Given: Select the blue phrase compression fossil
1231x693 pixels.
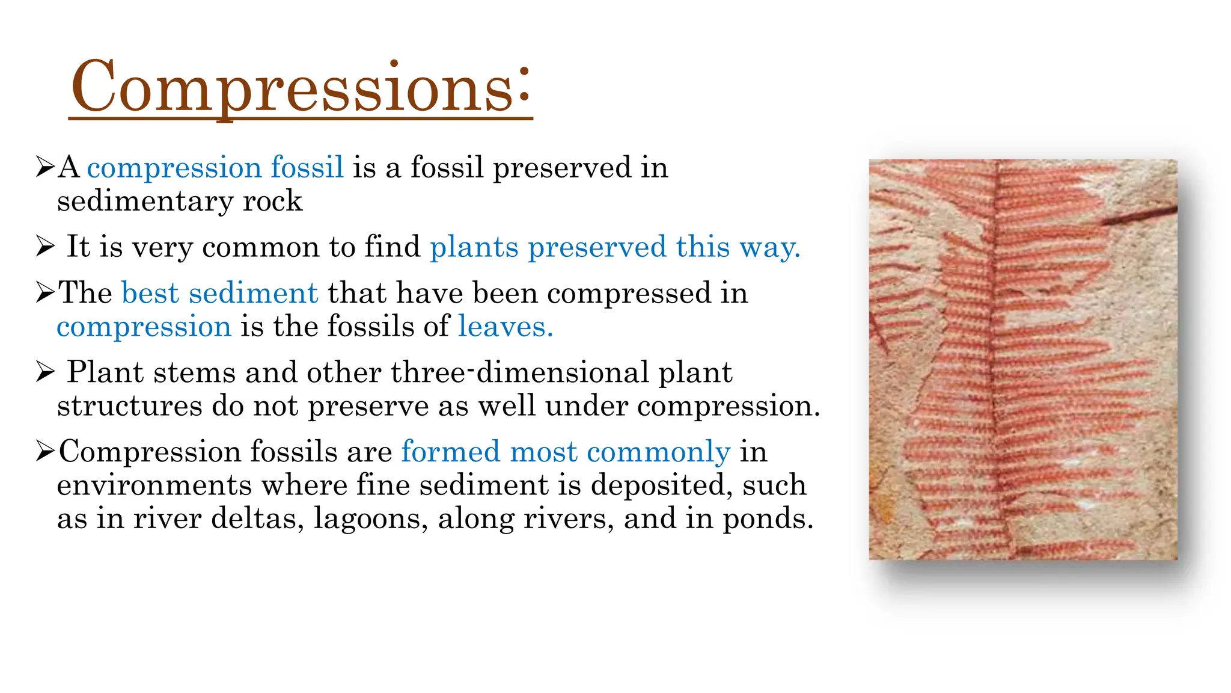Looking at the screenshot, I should pyautogui.click(x=215, y=167).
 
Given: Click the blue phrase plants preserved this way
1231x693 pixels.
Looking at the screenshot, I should pyautogui.click(x=615, y=247).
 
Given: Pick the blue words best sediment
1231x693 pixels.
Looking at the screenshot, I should pyautogui.click(x=219, y=293).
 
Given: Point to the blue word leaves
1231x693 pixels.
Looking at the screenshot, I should pyautogui.click(x=505, y=327).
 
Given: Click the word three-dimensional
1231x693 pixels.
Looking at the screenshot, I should pyautogui.click(x=519, y=372).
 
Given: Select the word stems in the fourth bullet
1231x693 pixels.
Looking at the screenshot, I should pyautogui.click(x=194, y=372).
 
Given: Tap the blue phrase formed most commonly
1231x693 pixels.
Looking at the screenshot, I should pyautogui.click(x=566, y=451).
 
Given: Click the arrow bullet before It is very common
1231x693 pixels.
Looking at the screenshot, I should pyautogui.click(x=45, y=247).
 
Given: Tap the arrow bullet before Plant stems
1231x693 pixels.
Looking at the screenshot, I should pyautogui.click(x=45, y=372).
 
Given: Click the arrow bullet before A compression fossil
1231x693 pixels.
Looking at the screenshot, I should pyautogui.click(x=45, y=167).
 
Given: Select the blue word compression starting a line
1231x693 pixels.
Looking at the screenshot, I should pyautogui.click(x=144, y=327).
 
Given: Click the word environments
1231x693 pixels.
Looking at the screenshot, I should pyautogui.click(x=154, y=485).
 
